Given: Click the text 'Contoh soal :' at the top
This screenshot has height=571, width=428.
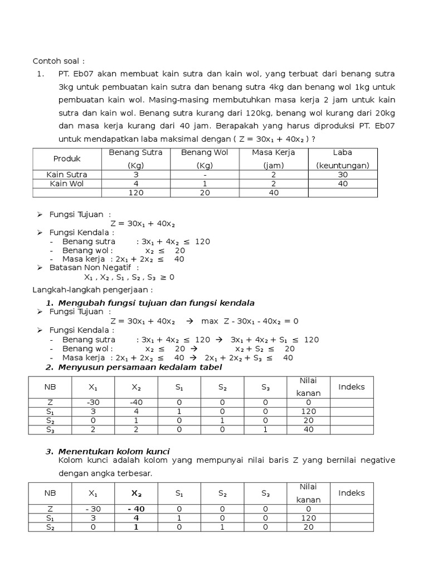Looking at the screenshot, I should click(x=59, y=61).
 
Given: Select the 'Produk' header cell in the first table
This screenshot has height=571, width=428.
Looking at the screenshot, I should click(x=67, y=159).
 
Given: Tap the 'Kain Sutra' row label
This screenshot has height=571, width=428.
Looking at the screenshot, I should click(x=67, y=175).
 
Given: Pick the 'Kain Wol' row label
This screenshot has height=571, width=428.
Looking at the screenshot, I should click(x=67, y=183).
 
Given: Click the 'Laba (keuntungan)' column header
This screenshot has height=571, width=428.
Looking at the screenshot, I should click(x=342, y=159).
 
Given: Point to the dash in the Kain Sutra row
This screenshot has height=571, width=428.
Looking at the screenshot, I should click(x=205, y=175).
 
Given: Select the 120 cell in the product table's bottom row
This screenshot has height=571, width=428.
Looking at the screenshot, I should click(x=136, y=193).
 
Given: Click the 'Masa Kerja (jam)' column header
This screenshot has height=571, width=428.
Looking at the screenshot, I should click(x=273, y=159).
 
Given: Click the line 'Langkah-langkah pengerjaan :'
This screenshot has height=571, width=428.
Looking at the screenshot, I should click(x=92, y=290).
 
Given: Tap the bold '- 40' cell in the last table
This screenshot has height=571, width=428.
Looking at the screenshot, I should click(x=136, y=509).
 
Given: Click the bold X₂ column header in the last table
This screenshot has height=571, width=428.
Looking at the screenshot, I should click(x=136, y=493).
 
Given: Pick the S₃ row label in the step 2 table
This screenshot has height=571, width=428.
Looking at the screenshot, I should click(x=50, y=429).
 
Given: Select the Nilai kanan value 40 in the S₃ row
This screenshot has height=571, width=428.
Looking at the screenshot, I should click(x=308, y=429).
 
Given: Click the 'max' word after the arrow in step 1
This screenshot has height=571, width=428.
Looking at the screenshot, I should click(x=210, y=321).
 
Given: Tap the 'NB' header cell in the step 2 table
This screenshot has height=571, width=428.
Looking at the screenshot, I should click(x=50, y=386).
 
